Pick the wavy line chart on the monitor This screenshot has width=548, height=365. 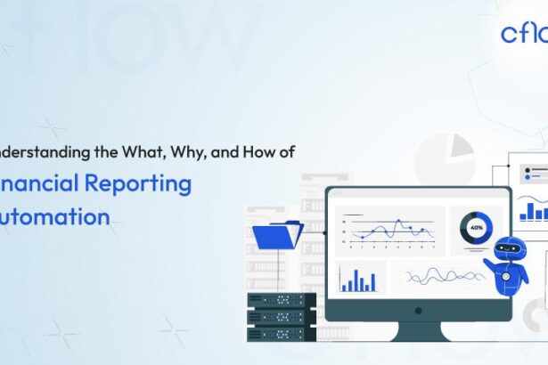click(446, 277)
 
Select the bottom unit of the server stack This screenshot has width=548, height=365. click(282, 334)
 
